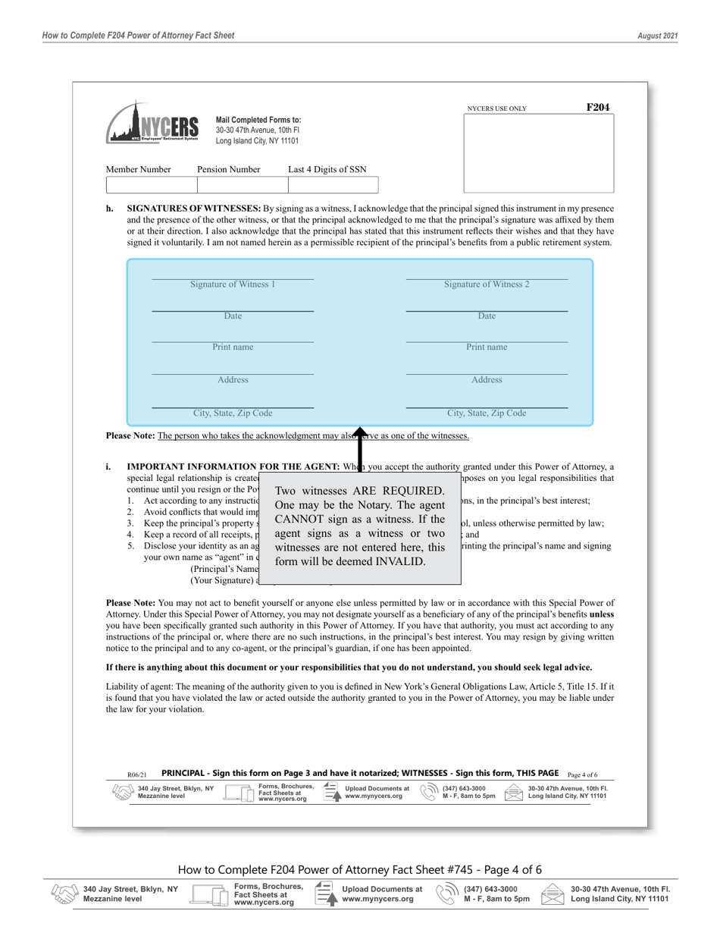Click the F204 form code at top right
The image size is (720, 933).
coord(598,108)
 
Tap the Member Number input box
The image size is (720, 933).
coord(151,185)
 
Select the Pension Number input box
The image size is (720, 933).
coord(242,185)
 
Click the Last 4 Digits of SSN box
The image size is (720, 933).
coord(333,185)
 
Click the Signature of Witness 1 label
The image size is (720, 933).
coord(233,284)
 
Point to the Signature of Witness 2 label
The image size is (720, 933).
coord(487,284)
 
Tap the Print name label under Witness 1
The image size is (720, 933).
coord(233,347)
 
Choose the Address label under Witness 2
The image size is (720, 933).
coord(487,380)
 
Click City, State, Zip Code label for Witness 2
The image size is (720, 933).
coord(487,413)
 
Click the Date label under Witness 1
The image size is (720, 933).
coord(233,316)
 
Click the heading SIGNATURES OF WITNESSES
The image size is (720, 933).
coord(194,209)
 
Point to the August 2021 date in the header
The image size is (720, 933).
coord(658,36)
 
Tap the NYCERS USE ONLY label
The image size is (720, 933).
coord(496,109)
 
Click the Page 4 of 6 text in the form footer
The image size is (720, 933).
coord(582,774)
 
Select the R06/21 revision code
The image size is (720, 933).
coord(137,775)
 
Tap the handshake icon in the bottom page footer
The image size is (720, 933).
coord(64,894)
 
